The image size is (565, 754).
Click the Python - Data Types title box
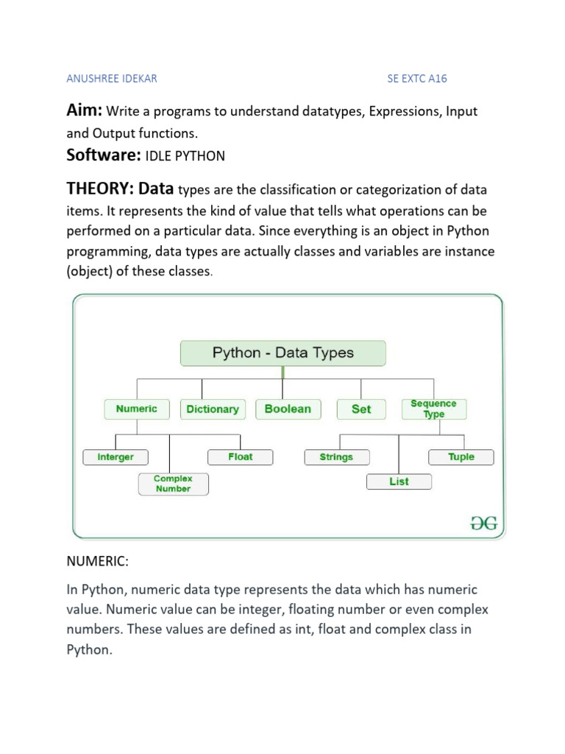(282, 353)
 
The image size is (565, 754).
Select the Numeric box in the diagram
(136, 409)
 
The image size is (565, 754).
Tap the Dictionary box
(212, 409)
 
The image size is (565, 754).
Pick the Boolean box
(287, 409)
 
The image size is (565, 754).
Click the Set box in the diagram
(360, 409)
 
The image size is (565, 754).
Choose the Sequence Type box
(433, 409)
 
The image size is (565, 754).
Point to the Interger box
(116, 457)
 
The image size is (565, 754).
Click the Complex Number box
(172, 484)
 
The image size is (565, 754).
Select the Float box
(240, 457)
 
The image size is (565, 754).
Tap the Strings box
(336, 457)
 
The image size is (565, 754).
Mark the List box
(399, 482)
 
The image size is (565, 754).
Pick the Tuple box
(461, 457)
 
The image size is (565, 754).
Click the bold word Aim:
(85, 111)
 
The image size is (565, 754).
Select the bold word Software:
(102, 155)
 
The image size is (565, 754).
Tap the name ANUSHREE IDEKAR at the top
(112, 78)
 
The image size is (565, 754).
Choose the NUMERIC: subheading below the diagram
(98, 562)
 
